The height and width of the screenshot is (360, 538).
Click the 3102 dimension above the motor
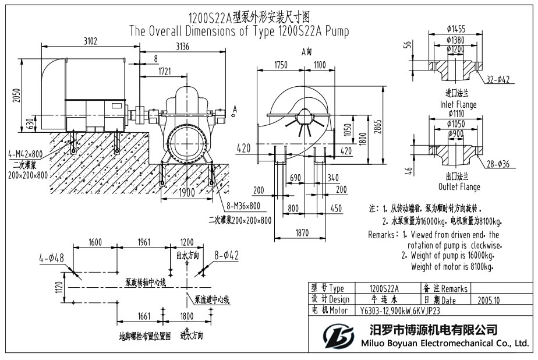tap(90, 41)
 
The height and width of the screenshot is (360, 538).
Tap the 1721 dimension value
tap(166, 71)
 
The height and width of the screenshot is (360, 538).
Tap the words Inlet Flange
tap(459, 104)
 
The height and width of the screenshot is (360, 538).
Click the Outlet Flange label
tap(459, 187)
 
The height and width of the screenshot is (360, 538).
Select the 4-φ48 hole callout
tap(52, 256)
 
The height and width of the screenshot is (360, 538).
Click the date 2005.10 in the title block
tap(489, 300)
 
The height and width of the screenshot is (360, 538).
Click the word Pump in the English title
tap(337, 31)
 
